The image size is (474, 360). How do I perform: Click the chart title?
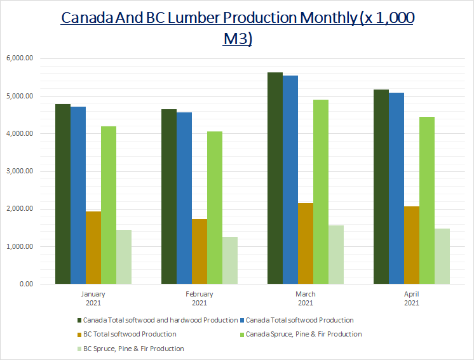pyautogui.click(x=237, y=27)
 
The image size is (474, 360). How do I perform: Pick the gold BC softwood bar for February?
pyautogui.click(x=200, y=251)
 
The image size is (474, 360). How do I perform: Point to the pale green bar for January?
pyautogui.click(x=123, y=257)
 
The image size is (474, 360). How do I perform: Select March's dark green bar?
pyautogui.click(x=274, y=178)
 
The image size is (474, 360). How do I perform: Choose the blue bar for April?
pyautogui.click(x=396, y=188)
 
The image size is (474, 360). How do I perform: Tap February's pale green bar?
pyautogui.click(x=229, y=260)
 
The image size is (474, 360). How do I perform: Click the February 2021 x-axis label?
pyautogui.click(x=199, y=298)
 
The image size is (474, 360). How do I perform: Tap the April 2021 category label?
pyautogui.click(x=411, y=298)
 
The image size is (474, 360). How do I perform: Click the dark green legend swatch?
pyautogui.click(x=79, y=320)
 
